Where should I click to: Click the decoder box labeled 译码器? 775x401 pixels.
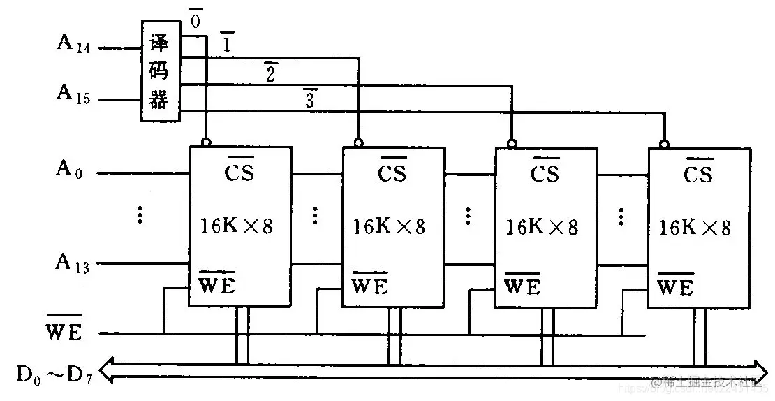159,71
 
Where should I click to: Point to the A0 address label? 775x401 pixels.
70,170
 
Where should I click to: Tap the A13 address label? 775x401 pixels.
73,263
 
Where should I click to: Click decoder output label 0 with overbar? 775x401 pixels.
195,20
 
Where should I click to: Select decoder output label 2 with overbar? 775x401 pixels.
270,71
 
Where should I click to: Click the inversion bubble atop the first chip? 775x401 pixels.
205,142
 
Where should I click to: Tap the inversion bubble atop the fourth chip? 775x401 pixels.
664,144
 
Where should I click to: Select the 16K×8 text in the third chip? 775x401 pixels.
542,227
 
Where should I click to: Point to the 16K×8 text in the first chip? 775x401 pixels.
236,226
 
